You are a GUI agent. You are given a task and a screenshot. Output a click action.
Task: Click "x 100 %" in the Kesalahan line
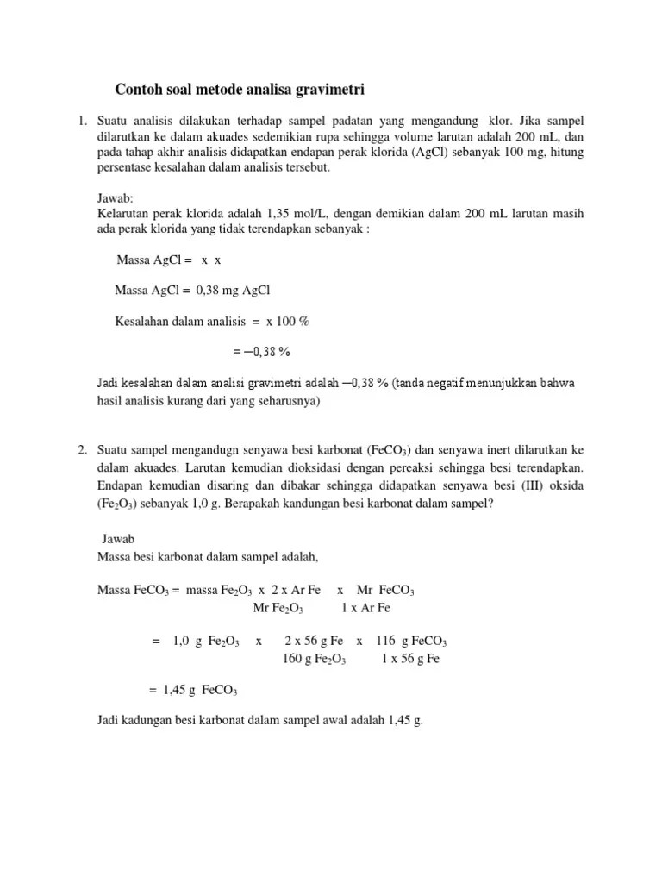[x=287, y=322]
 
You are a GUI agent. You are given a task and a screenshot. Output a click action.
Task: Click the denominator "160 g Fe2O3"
[x=314, y=660]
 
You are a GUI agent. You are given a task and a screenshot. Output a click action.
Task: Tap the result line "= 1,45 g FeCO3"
[x=193, y=691]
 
